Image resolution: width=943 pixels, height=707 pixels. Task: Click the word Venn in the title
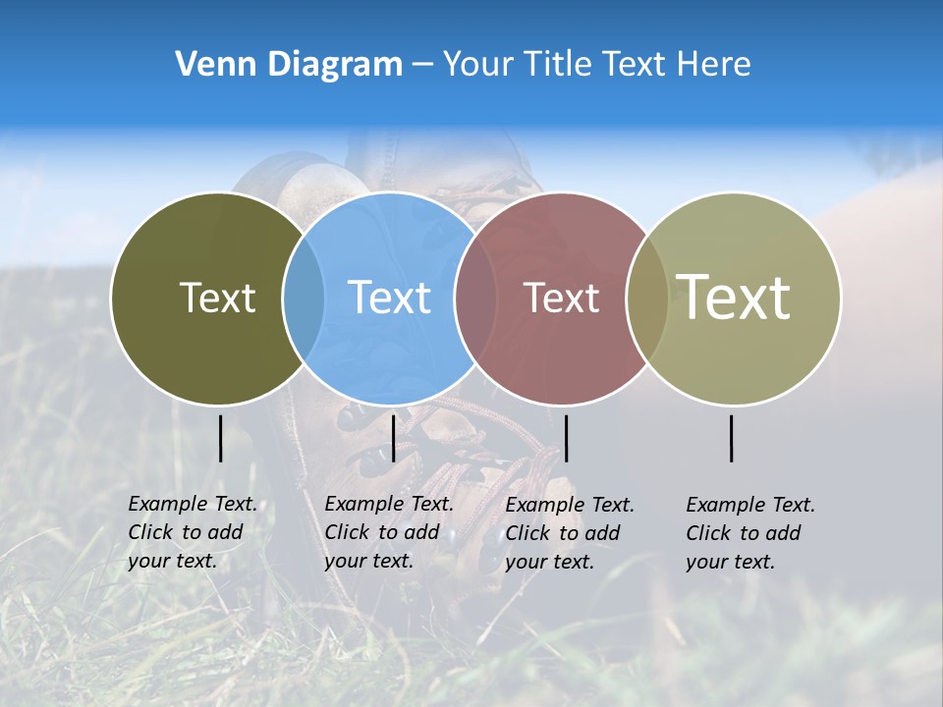207,64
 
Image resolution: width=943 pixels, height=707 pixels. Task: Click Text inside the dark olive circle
217,298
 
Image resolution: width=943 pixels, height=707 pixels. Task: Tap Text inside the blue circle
390,298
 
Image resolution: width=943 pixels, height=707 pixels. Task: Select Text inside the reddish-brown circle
561,298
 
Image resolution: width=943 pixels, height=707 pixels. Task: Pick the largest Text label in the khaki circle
734,297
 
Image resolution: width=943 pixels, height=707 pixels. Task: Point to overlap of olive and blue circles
304,298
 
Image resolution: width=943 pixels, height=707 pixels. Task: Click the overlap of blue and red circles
475,298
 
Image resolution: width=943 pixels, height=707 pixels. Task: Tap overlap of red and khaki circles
647,298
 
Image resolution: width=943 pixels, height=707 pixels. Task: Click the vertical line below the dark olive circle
220,438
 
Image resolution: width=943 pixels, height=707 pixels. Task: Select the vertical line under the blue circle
393,438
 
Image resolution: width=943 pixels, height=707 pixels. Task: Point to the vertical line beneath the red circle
566,438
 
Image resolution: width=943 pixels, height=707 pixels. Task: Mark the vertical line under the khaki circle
732,438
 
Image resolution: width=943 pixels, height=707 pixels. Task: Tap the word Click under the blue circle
347,532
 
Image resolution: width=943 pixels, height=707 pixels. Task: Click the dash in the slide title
422,64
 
